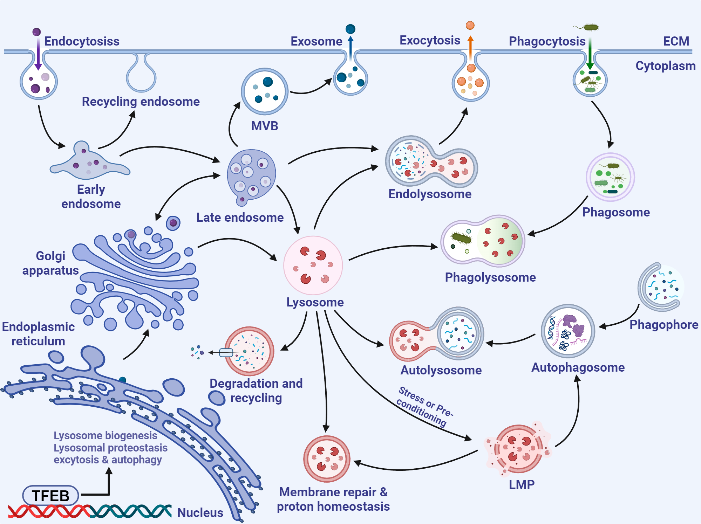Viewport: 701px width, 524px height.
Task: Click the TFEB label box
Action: click(51, 496)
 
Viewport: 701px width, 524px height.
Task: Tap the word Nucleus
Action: click(200, 512)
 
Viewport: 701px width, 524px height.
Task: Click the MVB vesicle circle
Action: click(265, 91)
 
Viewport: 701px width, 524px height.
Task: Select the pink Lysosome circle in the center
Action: click(313, 265)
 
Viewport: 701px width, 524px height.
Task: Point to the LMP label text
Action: click(522, 485)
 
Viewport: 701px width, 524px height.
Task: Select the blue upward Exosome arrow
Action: click(350, 47)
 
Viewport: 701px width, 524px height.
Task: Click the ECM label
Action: click(676, 41)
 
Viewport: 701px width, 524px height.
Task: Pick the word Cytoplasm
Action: click(665, 66)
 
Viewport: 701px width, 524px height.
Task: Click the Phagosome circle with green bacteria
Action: click(610, 177)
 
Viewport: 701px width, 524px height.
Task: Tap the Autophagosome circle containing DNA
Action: click(568, 331)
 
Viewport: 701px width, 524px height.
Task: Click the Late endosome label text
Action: click(240, 218)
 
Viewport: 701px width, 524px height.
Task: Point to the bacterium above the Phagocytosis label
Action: click(590, 27)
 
